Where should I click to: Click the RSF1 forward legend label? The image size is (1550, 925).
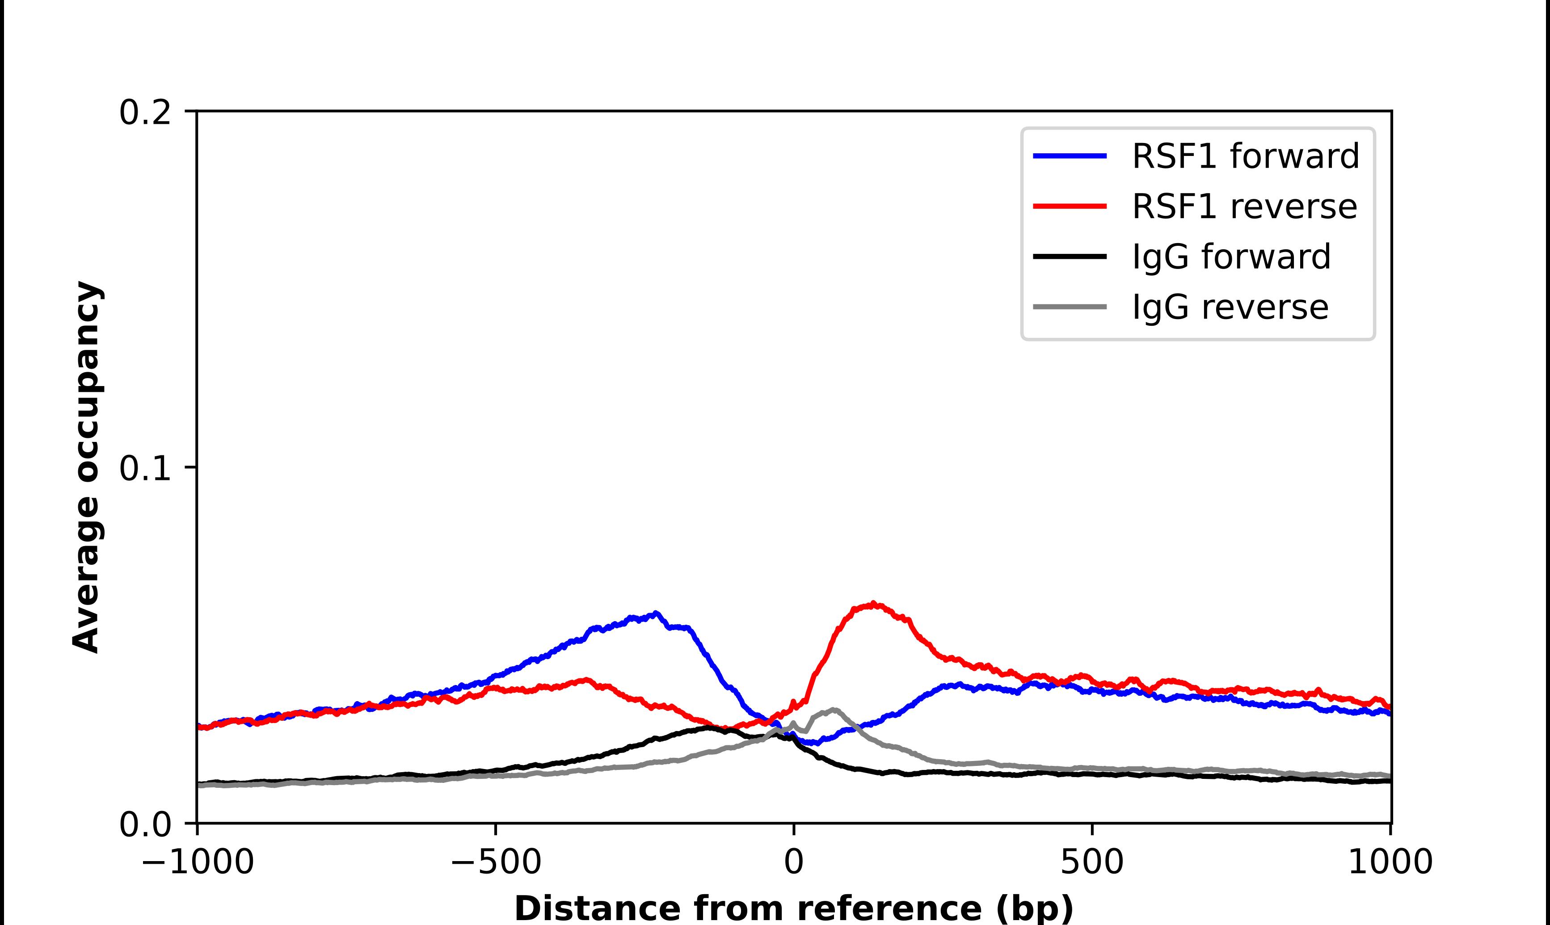[1245, 156]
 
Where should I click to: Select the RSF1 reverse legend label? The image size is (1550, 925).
[1244, 206]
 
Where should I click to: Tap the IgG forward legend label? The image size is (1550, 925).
[1231, 257]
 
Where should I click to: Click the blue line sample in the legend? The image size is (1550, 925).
[1070, 156]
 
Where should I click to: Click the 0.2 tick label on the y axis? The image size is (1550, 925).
[145, 113]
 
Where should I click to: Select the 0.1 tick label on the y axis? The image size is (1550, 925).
[145, 468]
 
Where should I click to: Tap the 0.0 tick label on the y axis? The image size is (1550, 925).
[145, 824]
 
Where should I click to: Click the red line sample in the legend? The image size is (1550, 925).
[1070, 206]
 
